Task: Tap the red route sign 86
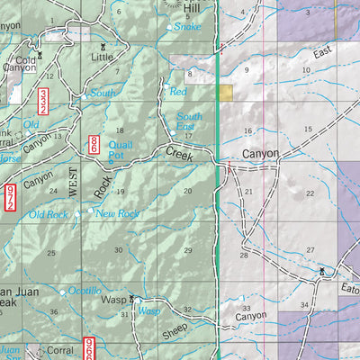point(94,144)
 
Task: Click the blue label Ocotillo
point(86,292)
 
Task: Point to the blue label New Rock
point(117,213)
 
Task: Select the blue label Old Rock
point(48,214)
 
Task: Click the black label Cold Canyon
point(19,64)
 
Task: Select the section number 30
point(118,249)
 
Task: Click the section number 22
point(310,193)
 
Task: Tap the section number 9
point(245,70)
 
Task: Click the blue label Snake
point(188,27)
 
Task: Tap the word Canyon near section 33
point(251,318)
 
